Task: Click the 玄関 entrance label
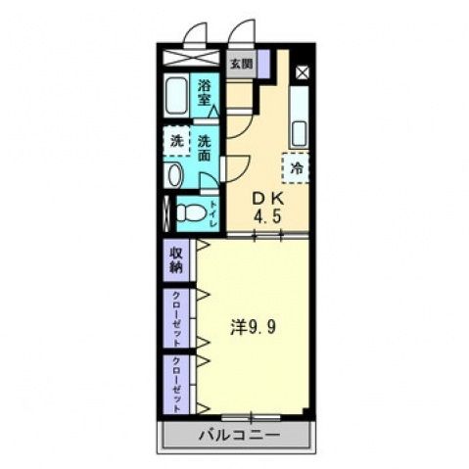240,64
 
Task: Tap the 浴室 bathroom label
206,91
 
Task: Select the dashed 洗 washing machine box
176,140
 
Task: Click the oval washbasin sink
174,177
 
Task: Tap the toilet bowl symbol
192,212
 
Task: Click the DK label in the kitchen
269,196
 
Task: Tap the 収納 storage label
176,259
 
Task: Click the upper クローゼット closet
177,318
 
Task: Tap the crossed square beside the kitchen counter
302,72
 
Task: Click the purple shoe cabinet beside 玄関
261,64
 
